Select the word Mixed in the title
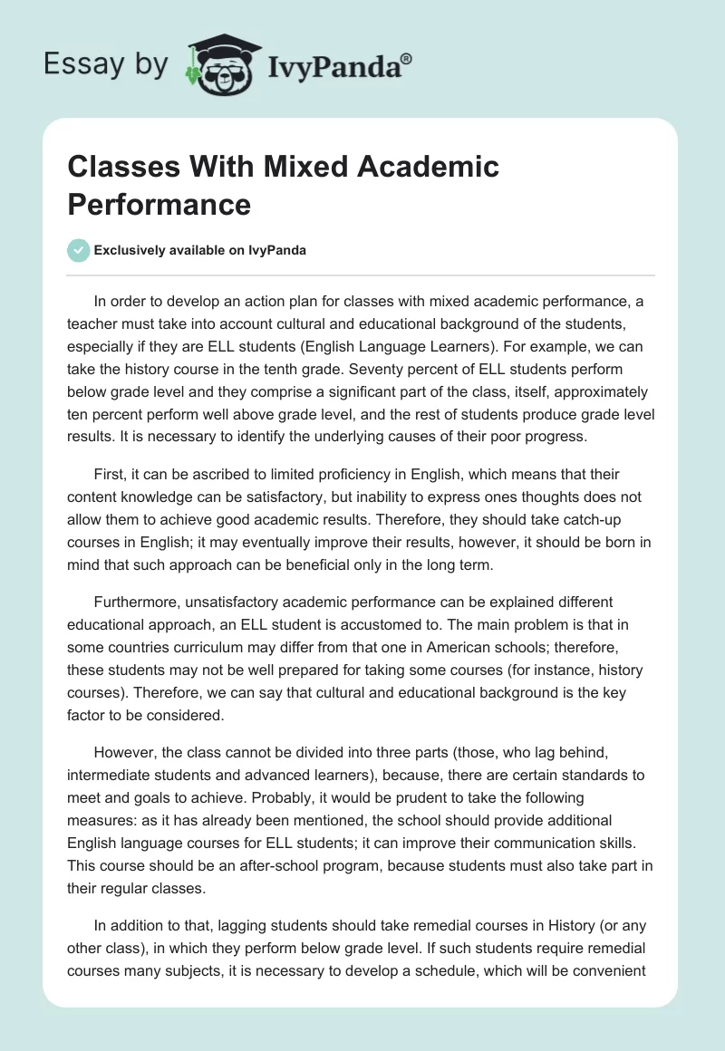point(306,167)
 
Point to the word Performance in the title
point(159,204)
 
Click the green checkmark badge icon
point(78,250)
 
